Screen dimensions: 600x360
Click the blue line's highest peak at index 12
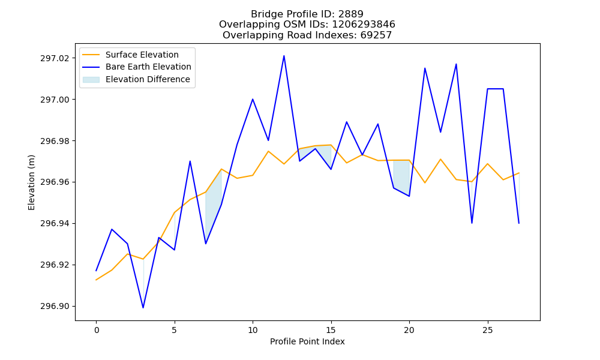pyautogui.click(x=284, y=56)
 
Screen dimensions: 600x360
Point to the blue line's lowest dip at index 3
pyautogui.click(x=143, y=308)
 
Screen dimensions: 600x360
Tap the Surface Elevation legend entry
pyautogui.click(x=130, y=55)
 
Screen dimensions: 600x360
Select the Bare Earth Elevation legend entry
pyautogui.click(x=137, y=67)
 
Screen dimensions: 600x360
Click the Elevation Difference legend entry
pyautogui.click(x=136, y=79)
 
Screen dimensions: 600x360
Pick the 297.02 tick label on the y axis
pyautogui.click(x=55, y=58)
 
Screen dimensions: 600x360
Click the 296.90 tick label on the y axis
pyautogui.click(x=55, y=306)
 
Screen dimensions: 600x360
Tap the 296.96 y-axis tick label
pyautogui.click(x=55, y=182)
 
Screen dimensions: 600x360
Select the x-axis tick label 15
pyautogui.click(x=331, y=330)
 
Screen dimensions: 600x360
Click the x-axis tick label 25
pyautogui.click(x=487, y=330)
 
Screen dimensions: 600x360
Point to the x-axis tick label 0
pyautogui.click(x=96, y=330)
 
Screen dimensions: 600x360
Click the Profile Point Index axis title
pyautogui.click(x=307, y=341)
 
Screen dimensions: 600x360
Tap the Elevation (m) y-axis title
pyautogui.click(x=31, y=182)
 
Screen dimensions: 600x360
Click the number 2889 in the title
pyautogui.click(x=350, y=14)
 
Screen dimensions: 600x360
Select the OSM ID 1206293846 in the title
pyautogui.click(x=363, y=25)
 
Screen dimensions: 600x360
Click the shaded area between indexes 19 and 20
pyautogui.click(x=402, y=175)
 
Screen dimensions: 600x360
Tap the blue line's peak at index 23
pyautogui.click(x=456, y=64)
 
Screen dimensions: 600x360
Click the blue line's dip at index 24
pyautogui.click(x=472, y=223)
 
